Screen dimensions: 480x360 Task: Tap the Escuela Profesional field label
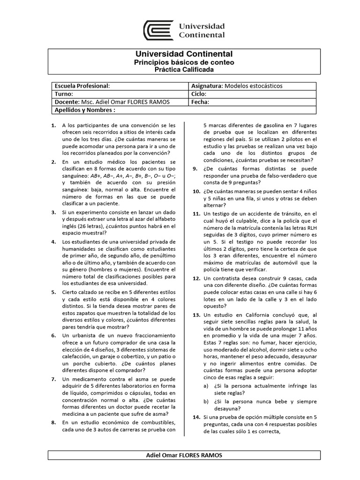point(82,86)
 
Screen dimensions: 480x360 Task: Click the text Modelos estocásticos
point(254,86)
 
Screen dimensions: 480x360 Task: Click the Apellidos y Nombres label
point(85,110)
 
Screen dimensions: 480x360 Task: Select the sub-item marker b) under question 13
point(206,401)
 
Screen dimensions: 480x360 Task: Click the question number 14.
point(196,417)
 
